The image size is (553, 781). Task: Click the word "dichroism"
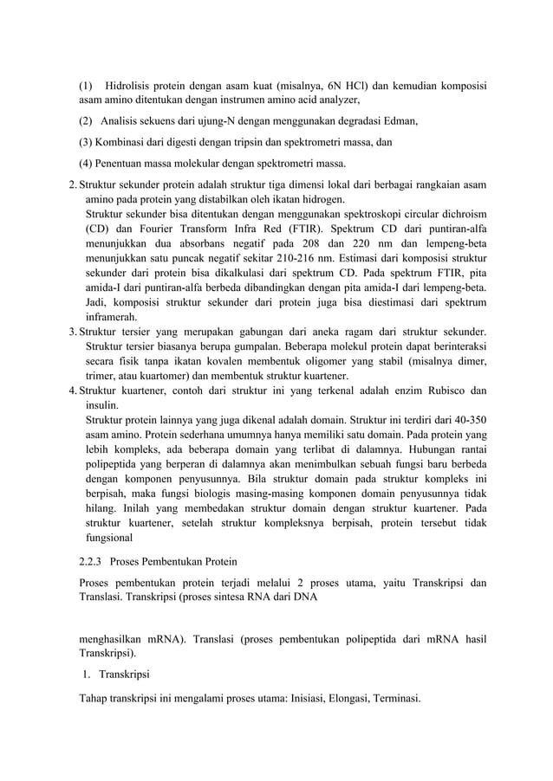click(459, 213)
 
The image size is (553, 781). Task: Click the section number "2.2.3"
click(93, 562)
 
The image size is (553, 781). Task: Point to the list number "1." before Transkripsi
click(88, 673)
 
